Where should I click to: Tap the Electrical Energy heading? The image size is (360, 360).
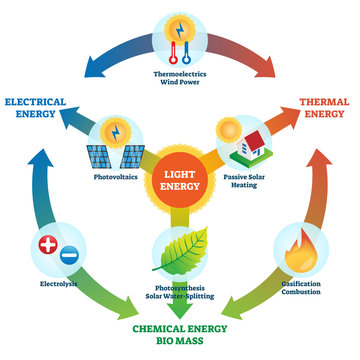(x=41, y=107)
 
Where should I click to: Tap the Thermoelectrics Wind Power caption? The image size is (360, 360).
(x=180, y=77)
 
